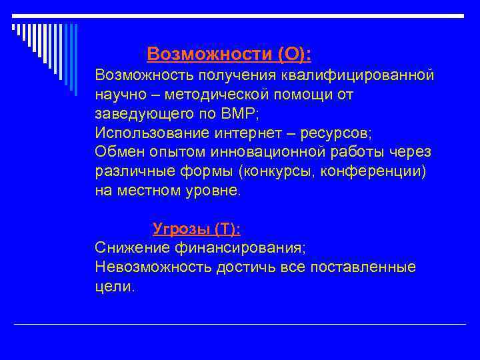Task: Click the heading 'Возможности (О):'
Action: [229, 53]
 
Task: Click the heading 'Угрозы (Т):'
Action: [197, 229]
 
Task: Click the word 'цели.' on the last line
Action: [115, 287]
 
